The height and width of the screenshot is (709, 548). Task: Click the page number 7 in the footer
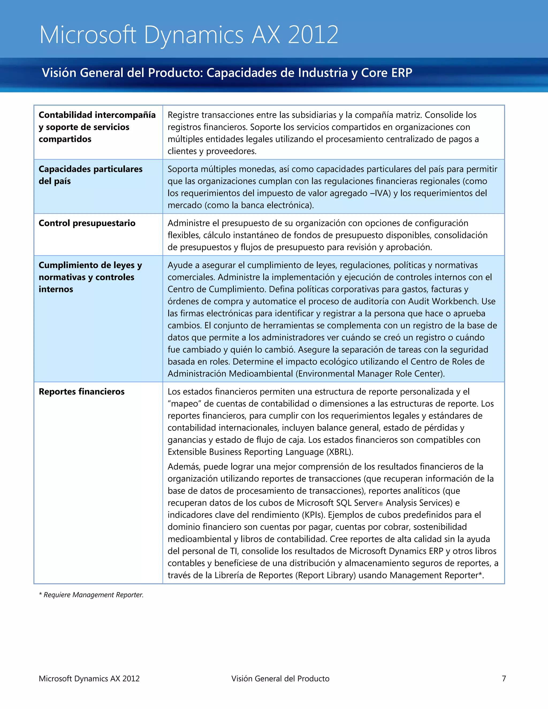504,678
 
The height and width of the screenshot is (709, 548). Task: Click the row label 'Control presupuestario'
87,223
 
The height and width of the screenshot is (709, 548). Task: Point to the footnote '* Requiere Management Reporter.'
91,595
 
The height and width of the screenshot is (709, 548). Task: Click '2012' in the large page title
313,35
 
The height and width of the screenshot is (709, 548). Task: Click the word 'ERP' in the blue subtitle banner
402,73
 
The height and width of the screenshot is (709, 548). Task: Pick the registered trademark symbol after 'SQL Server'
381,504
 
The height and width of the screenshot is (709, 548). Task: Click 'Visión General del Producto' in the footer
280,678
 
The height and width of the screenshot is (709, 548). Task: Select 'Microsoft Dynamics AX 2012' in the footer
89,678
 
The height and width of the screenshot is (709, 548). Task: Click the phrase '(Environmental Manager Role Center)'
370,374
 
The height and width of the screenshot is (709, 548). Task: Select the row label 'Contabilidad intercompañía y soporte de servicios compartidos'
97,127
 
